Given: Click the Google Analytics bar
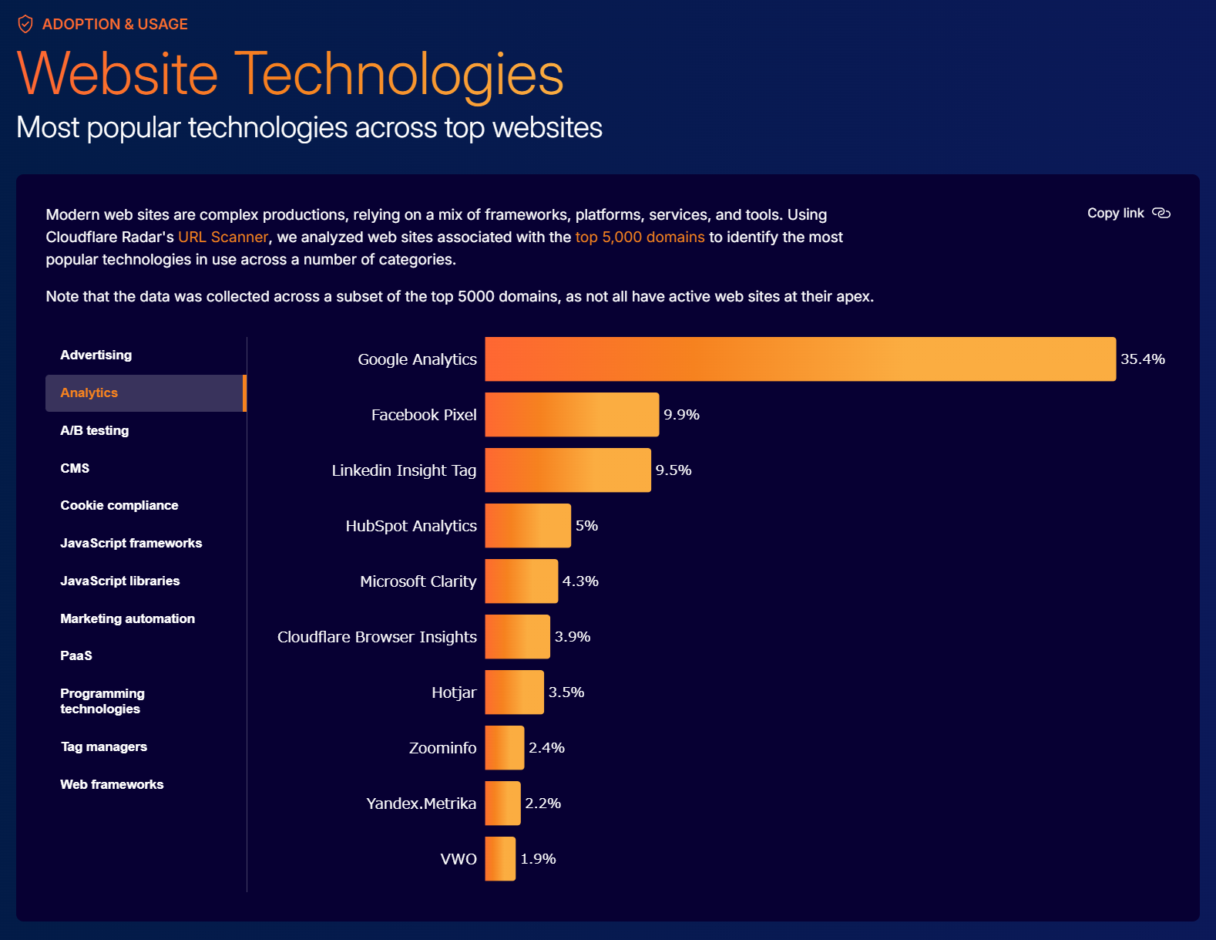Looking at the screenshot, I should tap(800, 359).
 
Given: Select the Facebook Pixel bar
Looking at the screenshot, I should tap(572, 415).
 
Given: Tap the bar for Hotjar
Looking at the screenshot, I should tap(514, 692).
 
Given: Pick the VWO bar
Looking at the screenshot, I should tap(500, 859).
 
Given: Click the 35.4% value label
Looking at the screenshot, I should tap(1142, 359).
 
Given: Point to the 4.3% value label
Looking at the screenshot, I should tap(580, 581).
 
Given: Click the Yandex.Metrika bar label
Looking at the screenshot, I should tap(421, 804).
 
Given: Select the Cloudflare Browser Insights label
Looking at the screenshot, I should tap(377, 637).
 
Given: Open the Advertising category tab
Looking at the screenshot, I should tap(96, 355).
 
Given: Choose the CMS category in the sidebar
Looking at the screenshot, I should tap(75, 468).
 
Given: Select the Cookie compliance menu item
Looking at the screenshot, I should tap(119, 505).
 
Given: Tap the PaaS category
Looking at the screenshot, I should tap(76, 655).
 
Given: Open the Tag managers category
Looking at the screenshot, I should tap(104, 746).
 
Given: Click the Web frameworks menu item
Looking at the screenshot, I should tap(112, 784).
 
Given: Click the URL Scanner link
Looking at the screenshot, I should tap(223, 237).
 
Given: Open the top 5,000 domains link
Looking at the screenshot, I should tap(640, 237).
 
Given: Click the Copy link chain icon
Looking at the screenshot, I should tap(1161, 214).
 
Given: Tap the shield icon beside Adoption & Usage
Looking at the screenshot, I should tap(25, 24).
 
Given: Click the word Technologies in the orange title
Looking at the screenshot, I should tap(398, 75).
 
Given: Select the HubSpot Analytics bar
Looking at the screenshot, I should tap(528, 526).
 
